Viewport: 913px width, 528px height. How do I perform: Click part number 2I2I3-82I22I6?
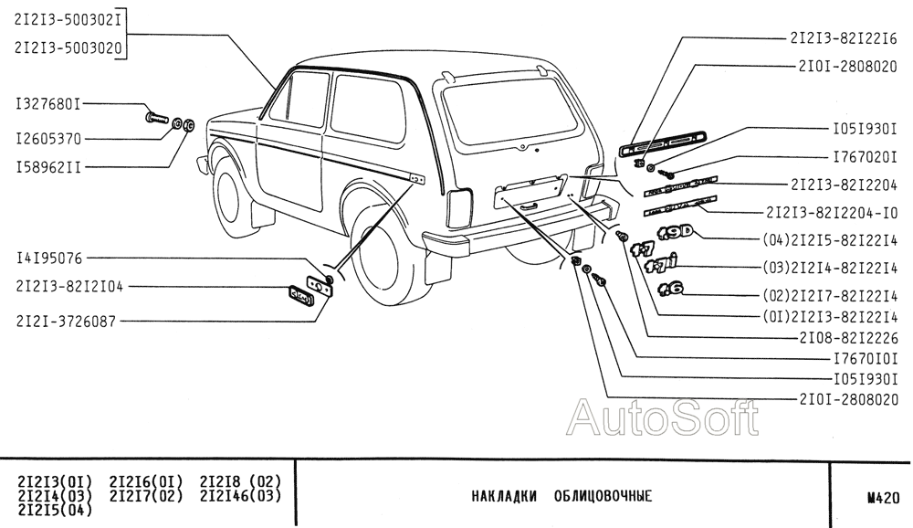(844, 38)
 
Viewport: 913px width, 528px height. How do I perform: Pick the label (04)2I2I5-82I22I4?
(830, 241)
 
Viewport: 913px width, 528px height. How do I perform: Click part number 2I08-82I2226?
(844, 337)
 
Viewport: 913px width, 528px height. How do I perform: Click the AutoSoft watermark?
(662, 419)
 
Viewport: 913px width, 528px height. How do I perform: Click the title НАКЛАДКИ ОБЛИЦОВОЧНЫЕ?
(561, 497)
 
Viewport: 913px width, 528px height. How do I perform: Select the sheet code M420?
(884, 498)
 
